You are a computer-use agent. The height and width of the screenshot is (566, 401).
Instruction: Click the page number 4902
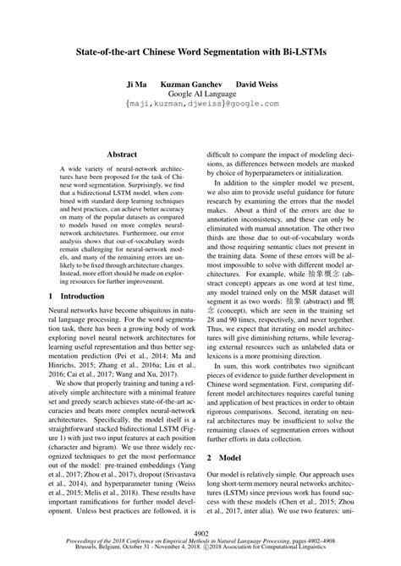pyautogui.click(x=200, y=534)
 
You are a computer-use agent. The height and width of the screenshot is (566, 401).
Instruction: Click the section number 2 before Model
pyautogui.click(x=210, y=479)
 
